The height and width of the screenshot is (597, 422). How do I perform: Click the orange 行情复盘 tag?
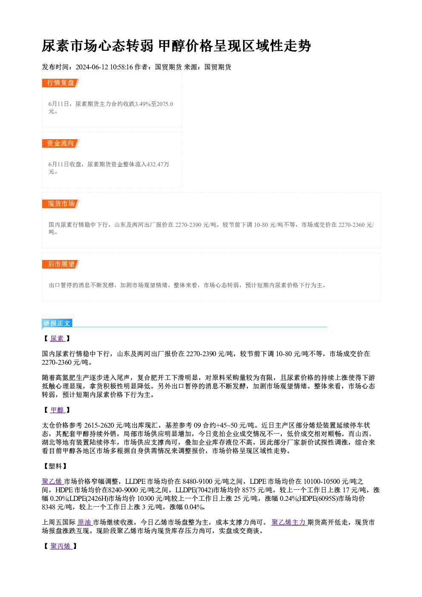pyautogui.click(x=61, y=83)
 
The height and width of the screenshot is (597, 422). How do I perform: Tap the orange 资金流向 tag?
pyautogui.click(x=61, y=143)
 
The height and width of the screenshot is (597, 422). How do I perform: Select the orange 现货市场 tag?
pyautogui.click(x=61, y=204)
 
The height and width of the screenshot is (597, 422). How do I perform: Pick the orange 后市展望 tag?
pyautogui.click(x=61, y=264)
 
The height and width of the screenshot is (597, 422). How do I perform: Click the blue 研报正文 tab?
pyautogui.click(x=57, y=323)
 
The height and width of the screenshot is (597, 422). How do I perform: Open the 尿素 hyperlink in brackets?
pyautogui.click(x=57, y=338)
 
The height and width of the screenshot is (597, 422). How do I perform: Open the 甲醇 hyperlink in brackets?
pyautogui.click(x=57, y=410)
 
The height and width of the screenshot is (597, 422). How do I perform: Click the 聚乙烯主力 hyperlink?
pyautogui.click(x=289, y=523)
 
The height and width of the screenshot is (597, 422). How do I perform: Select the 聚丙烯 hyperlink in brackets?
pyautogui.click(x=61, y=546)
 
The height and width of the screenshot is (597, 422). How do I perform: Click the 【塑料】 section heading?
pyautogui.click(x=55, y=466)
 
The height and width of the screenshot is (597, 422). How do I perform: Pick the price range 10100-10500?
pyautogui.click(x=322, y=482)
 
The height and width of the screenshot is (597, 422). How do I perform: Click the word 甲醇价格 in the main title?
pyautogui.click(x=186, y=46)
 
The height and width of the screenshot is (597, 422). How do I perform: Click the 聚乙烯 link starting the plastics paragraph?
pyautogui.click(x=52, y=482)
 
